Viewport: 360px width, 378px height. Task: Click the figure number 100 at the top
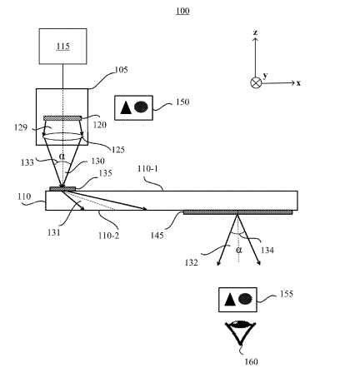point(182,11)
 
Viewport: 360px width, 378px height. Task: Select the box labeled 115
point(62,47)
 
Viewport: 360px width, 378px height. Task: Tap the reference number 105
point(121,70)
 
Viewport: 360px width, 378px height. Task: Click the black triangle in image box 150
point(126,107)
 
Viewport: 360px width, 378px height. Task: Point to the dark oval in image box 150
point(141,107)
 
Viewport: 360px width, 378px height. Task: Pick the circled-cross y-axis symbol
point(256,82)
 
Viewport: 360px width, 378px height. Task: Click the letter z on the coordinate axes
point(255,32)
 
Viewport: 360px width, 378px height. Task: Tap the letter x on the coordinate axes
point(298,83)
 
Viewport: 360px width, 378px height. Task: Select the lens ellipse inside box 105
point(62,136)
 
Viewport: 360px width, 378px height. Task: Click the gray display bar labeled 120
point(62,118)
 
